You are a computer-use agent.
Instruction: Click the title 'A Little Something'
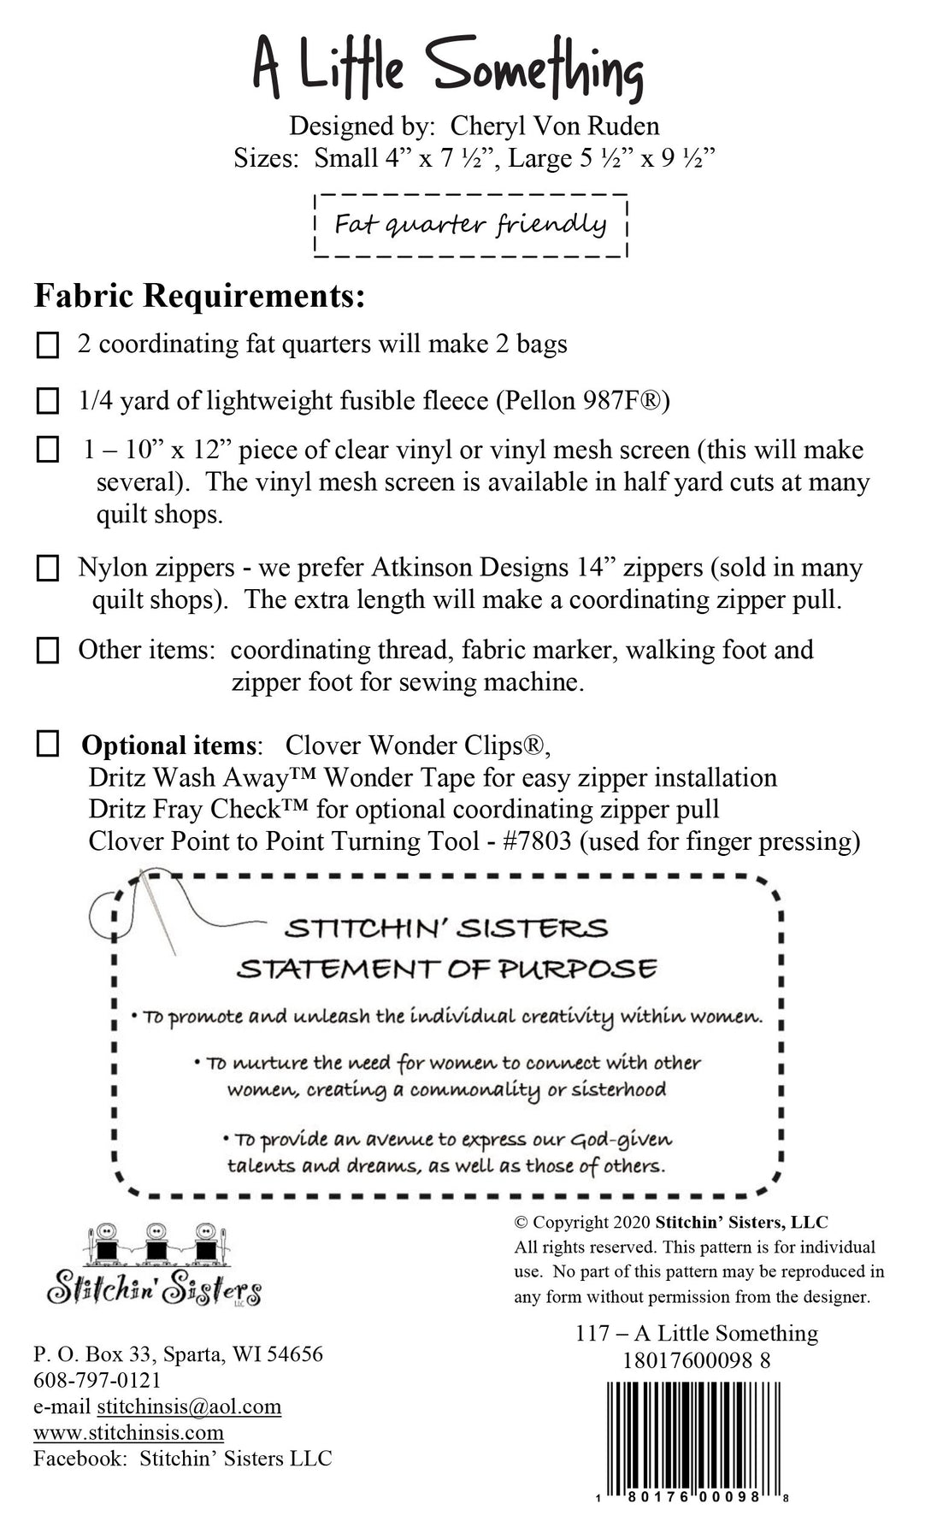[x=447, y=68]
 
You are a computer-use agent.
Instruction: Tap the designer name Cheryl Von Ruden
[x=554, y=126]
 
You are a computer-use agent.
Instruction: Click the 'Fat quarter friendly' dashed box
[x=471, y=225]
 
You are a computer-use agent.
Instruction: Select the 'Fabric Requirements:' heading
[x=199, y=297]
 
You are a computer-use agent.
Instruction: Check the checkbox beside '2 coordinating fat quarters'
[x=48, y=345]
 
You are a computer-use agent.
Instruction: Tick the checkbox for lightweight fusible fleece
[x=48, y=401]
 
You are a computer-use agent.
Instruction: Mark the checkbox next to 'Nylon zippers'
[x=48, y=569]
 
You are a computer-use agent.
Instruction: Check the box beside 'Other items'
[x=48, y=652]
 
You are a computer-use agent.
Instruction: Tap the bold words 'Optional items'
[x=168, y=746]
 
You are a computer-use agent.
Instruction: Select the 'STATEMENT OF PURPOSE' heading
[x=446, y=969]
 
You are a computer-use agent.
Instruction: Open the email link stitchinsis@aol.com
[x=189, y=1406]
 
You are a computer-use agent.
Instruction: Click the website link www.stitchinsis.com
[x=128, y=1432]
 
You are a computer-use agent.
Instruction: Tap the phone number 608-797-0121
[x=97, y=1380]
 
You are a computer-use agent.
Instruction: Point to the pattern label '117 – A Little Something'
[x=697, y=1333]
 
